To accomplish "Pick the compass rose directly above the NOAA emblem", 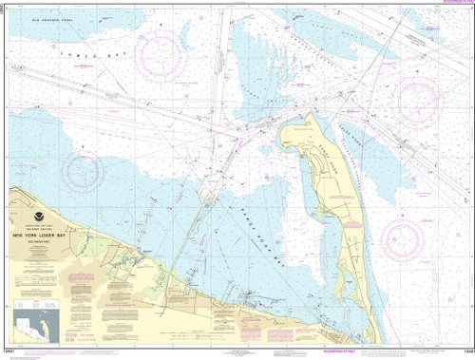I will (x=83, y=170).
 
